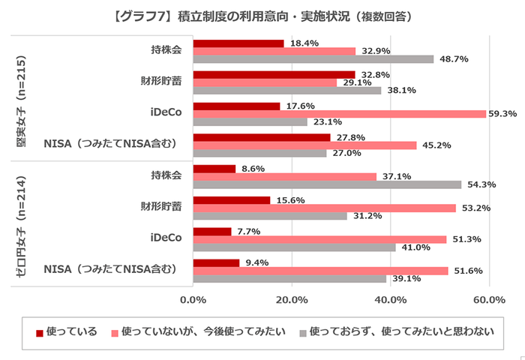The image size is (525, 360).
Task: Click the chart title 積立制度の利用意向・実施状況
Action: click(x=262, y=15)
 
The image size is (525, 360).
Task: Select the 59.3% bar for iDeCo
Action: click(x=340, y=114)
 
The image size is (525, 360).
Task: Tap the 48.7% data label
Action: click(x=454, y=58)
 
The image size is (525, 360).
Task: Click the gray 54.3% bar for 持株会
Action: click(x=327, y=184)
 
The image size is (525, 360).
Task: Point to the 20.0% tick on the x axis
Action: click(x=292, y=300)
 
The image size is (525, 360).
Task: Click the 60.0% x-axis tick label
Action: click(x=489, y=300)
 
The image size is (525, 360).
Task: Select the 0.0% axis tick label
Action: click(x=193, y=300)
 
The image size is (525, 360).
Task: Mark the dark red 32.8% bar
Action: click(x=274, y=74)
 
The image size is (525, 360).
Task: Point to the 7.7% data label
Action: click(x=248, y=231)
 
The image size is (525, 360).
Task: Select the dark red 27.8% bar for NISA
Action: click(x=262, y=137)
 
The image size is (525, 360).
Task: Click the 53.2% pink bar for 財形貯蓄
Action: click(x=324, y=208)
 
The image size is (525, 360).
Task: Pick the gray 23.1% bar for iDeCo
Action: click(x=250, y=121)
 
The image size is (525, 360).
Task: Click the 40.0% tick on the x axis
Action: click(x=390, y=300)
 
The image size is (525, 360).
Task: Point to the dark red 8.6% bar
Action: click(x=214, y=169)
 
